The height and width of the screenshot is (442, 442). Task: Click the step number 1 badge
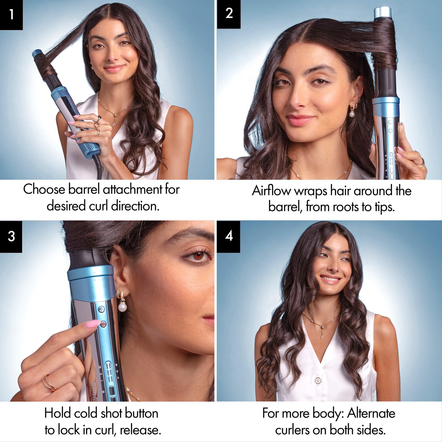[11, 15]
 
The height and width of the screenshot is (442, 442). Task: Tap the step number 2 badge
[229, 14]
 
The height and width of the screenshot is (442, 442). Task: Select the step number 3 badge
[11, 237]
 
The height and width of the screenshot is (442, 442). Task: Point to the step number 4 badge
[228, 236]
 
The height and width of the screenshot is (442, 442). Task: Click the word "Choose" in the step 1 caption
[44, 189]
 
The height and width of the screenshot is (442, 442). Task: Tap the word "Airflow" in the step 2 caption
[271, 191]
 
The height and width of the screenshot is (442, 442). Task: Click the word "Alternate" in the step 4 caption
[371, 413]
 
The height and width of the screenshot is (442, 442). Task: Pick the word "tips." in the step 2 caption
[385, 207]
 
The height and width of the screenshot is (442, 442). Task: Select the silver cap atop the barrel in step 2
[383, 13]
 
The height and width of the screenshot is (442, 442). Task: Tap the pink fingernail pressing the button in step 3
[93, 324]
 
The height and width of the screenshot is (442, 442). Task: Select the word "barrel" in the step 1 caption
[84, 189]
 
